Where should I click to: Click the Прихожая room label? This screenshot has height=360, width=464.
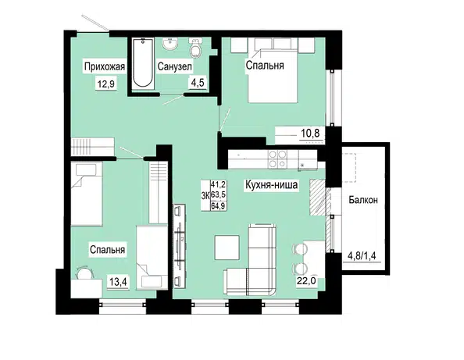point(105,67)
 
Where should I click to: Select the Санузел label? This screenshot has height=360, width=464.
point(175,67)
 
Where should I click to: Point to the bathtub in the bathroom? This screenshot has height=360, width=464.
point(143,62)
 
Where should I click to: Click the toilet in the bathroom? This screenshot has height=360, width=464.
point(195,48)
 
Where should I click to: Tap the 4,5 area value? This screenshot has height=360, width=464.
point(198,83)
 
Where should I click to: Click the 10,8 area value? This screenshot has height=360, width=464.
point(310,134)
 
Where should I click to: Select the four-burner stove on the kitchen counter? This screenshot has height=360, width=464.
point(277,159)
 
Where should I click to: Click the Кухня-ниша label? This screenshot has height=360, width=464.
point(271,185)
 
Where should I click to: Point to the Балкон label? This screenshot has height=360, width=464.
point(363,200)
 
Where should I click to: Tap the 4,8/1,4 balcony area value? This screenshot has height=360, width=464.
point(362,255)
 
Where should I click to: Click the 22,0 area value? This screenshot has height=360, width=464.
point(306,280)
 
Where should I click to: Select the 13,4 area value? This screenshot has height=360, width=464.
point(118,282)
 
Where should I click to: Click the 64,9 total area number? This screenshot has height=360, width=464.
point(219,206)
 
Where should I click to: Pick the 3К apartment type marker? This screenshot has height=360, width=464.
point(205,195)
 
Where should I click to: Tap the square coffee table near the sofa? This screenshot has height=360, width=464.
point(227,248)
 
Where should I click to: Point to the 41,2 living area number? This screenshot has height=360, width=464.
point(219,185)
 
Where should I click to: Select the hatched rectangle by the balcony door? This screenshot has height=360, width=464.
point(318,198)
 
